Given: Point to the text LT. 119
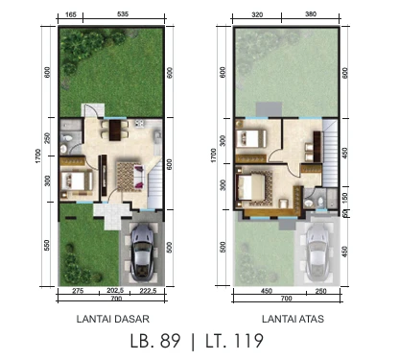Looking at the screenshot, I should coord(228,340).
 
